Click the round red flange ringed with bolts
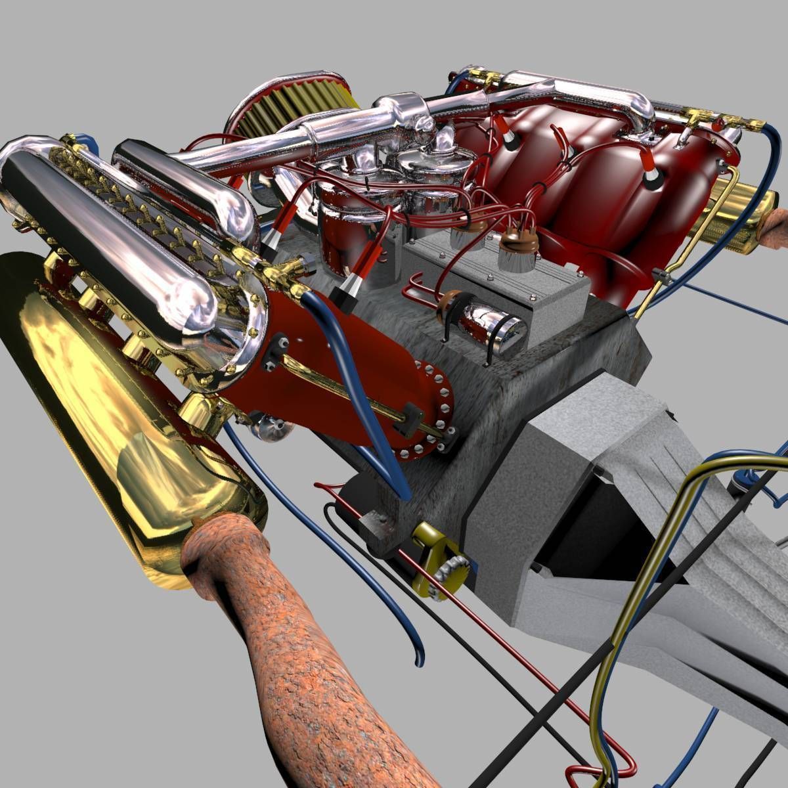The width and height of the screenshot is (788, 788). click(x=424, y=407)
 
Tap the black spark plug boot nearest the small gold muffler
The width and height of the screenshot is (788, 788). click(x=653, y=181)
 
